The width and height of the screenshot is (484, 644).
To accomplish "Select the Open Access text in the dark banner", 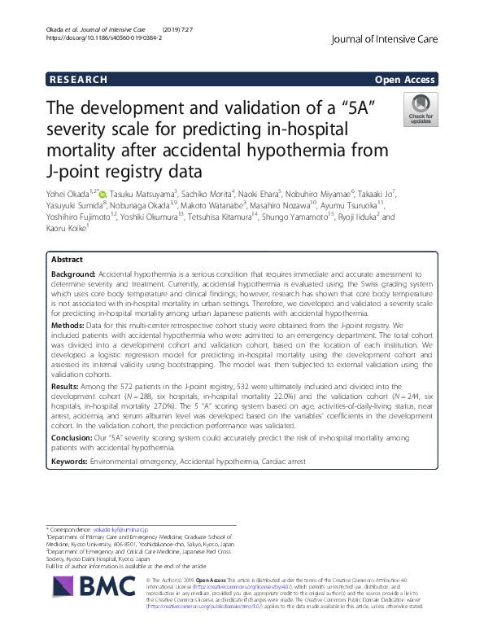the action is click(406, 80).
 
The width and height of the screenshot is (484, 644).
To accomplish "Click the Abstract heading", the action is click(67, 259).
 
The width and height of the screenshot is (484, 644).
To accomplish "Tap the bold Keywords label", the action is click(70, 460).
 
